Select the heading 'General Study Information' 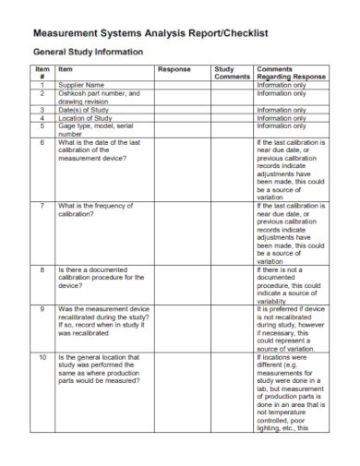tap(88, 52)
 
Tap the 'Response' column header tap(174, 69)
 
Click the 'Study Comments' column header tap(231, 73)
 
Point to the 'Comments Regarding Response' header tap(291, 73)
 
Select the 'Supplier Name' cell tap(81, 85)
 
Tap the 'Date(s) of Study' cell tap(85, 110)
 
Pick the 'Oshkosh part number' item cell tap(98, 97)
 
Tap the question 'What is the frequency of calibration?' tap(93, 210)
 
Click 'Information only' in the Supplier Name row tap(282, 85)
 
